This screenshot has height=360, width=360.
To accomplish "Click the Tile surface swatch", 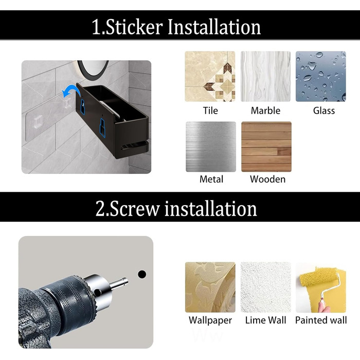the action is [210, 76].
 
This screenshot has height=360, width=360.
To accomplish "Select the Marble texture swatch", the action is [265, 76].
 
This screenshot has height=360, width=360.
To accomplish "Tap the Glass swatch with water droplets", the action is [321, 76].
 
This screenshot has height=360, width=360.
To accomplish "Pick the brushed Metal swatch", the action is [211, 147].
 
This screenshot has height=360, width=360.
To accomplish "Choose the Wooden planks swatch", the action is [266, 147].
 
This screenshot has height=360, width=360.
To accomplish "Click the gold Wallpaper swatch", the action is [210, 287].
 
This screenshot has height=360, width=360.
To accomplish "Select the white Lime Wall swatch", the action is [266, 287].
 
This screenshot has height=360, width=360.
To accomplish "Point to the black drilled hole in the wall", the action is [142, 274].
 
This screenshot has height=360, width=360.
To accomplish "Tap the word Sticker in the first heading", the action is [134, 27].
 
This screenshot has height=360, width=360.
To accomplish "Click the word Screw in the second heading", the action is [135, 209].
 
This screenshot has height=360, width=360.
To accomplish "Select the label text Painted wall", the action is [321, 320].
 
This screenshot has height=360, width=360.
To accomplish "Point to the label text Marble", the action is [266, 111].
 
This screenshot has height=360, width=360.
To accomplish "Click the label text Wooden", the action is [268, 179].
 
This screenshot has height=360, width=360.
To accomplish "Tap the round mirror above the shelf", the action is [93, 67].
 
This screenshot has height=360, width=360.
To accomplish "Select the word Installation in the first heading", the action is [214, 27].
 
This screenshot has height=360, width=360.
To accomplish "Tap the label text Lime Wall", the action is [266, 320].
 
